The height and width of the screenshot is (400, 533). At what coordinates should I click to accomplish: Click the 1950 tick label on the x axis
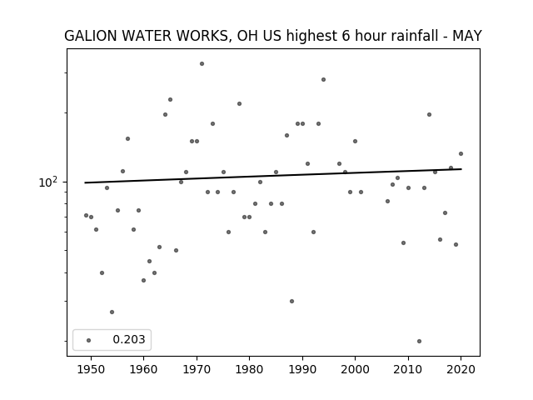(x=91, y=369)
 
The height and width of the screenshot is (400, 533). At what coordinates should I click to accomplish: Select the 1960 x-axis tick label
(x=143, y=369)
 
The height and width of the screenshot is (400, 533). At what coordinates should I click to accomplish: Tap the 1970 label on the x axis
(x=197, y=369)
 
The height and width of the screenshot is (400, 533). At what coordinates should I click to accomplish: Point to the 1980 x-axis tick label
(x=249, y=369)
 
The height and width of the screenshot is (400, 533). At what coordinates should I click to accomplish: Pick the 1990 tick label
(x=302, y=369)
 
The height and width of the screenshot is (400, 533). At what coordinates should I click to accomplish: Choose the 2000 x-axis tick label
(x=355, y=369)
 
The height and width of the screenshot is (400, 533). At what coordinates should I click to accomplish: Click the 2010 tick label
(x=408, y=369)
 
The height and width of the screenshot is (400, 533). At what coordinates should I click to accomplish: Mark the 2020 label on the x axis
(x=461, y=369)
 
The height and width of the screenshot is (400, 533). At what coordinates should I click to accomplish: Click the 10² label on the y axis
(x=48, y=182)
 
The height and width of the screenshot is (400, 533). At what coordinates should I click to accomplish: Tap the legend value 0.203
(x=129, y=339)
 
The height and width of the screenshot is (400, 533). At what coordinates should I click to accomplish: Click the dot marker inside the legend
(x=89, y=340)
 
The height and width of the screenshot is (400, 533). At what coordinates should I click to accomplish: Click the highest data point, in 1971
(x=202, y=63)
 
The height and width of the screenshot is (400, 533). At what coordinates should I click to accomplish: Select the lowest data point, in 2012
(x=419, y=341)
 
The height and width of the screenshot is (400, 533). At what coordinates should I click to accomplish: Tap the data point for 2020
(x=461, y=153)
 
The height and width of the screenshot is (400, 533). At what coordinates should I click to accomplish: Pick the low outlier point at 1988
(x=291, y=301)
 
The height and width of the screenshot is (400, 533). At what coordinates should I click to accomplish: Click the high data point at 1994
(x=324, y=80)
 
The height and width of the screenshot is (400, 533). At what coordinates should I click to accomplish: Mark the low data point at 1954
(x=112, y=312)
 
